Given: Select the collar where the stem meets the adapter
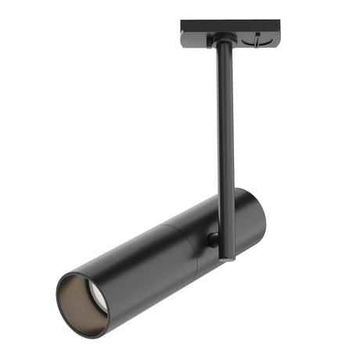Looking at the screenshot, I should (x=223, y=46).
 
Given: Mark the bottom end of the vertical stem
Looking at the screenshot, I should (x=227, y=257).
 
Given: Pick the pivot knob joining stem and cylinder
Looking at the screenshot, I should (x=212, y=239).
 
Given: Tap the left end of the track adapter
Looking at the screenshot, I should (x=185, y=33).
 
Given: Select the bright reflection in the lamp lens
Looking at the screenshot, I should (x=94, y=295).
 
